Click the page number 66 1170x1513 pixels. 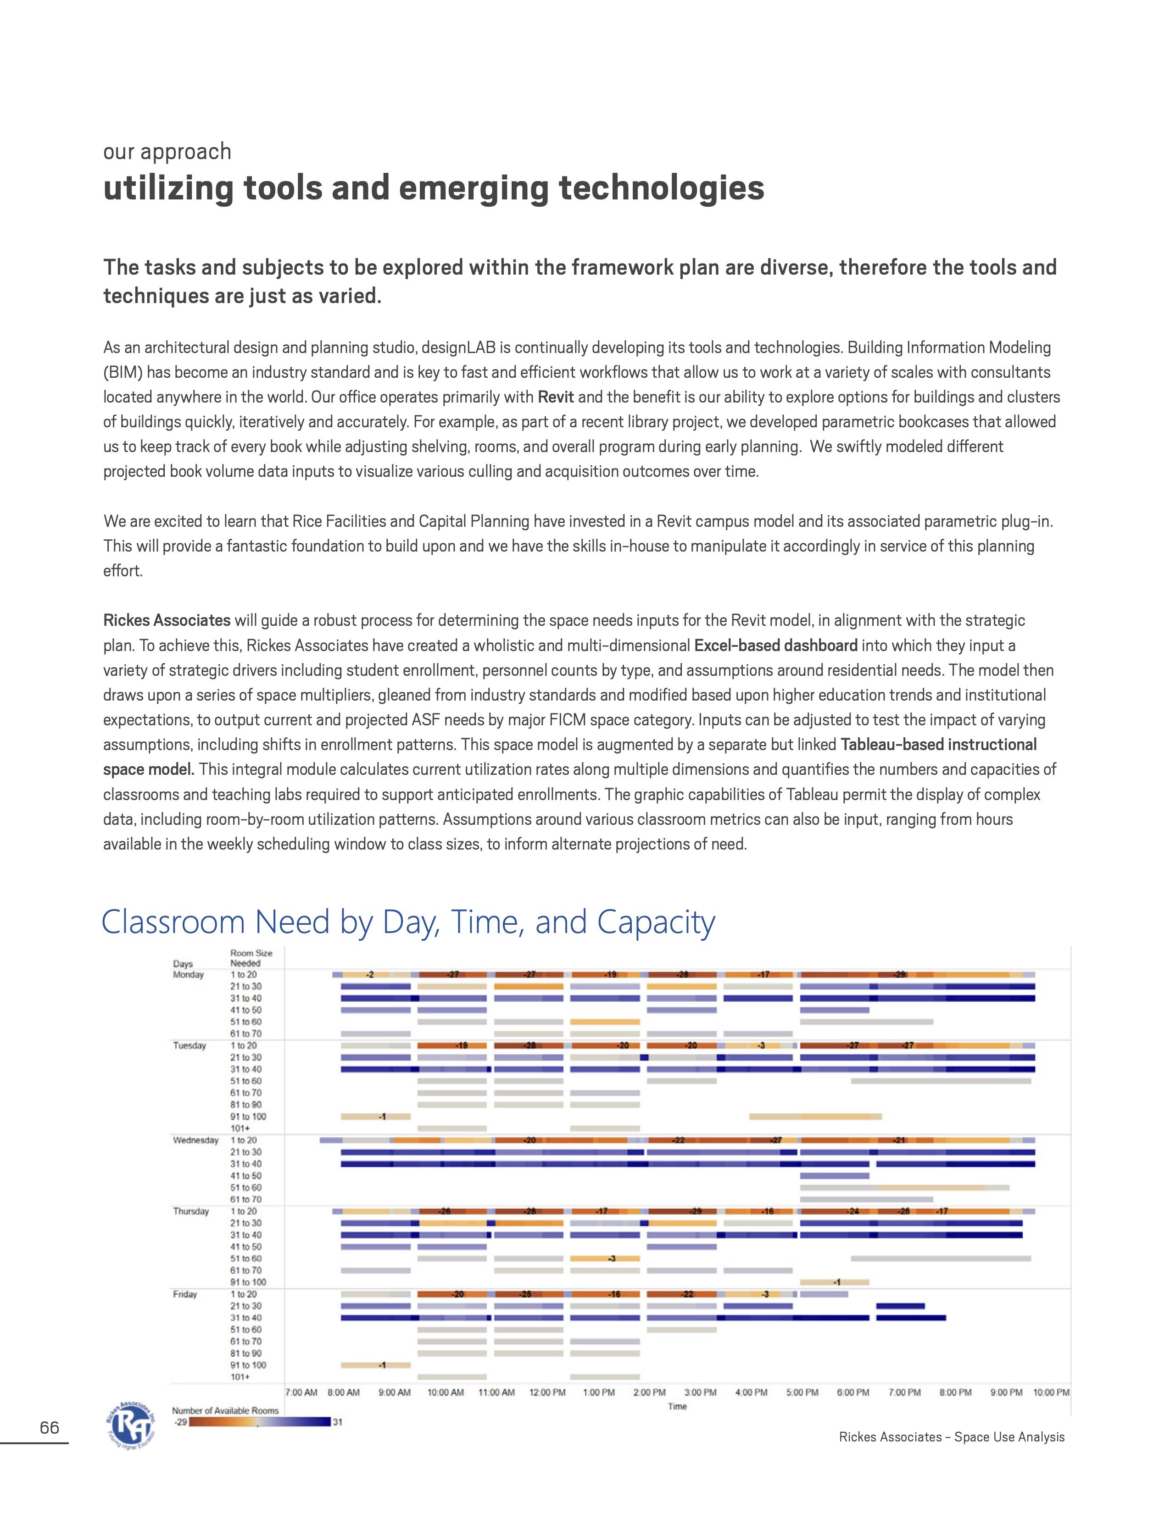[x=49, y=1427]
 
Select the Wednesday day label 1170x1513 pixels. [x=195, y=1140]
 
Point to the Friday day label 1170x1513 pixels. [x=185, y=1294]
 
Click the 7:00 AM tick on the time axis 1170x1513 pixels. [x=301, y=1392]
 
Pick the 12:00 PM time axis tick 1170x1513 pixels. [x=547, y=1392]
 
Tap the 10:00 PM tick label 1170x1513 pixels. [x=1051, y=1392]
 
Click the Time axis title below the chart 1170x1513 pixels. [x=677, y=1406]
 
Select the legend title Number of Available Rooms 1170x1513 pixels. [x=225, y=1410]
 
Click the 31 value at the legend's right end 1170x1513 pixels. [x=338, y=1422]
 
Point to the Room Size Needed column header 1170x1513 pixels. [x=251, y=958]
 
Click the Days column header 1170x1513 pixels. [x=183, y=964]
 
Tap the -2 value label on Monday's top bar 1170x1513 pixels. [x=370, y=975]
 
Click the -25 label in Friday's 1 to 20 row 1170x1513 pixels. [x=526, y=1294]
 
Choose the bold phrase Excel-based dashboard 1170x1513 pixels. [x=775, y=646]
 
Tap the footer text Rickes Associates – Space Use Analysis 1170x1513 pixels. [x=951, y=1437]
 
